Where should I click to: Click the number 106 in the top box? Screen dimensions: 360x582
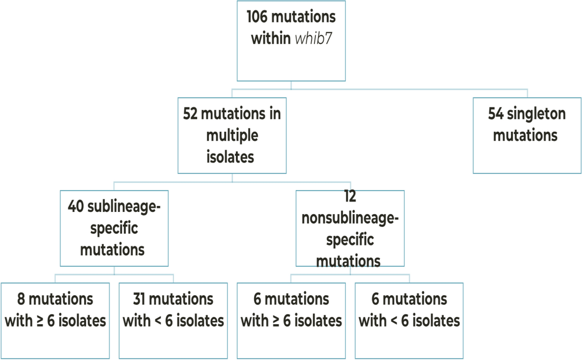click(x=257, y=17)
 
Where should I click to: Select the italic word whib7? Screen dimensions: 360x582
click(x=313, y=38)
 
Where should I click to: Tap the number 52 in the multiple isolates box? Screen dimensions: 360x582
click(x=190, y=114)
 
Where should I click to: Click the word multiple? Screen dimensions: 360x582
click(x=232, y=136)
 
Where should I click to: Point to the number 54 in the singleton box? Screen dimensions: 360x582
click(x=496, y=114)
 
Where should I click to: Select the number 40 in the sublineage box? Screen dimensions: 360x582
click(x=76, y=207)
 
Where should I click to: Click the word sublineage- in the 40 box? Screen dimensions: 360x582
click(x=124, y=207)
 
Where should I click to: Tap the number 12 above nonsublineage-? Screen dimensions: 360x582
click(x=350, y=196)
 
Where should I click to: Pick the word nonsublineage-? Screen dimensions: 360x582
click(x=350, y=218)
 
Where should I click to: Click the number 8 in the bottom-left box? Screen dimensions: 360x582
click(x=21, y=299)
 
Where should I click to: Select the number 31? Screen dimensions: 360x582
click(x=139, y=299)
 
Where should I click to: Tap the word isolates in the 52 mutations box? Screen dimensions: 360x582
click(x=230, y=157)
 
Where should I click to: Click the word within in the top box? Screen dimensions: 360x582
click(x=271, y=38)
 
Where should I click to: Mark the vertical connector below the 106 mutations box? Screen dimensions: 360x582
click(x=291, y=85)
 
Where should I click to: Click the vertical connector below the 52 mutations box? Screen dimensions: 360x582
click(x=232, y=178)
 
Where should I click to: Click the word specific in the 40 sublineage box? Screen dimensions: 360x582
click(x=114, y=228)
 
